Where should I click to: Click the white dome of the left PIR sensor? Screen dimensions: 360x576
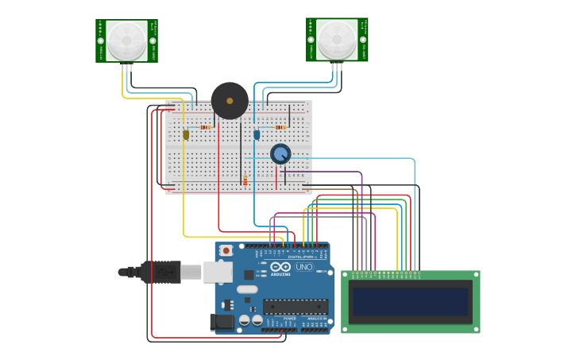tap(127, 40)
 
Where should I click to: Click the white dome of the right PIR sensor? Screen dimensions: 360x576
tap(337, 39)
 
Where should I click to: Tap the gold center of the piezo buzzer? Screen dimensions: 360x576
tap(230, 101)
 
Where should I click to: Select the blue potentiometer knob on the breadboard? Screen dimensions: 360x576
tap(280, 153)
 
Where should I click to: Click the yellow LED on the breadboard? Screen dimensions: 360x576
tap(186, 134)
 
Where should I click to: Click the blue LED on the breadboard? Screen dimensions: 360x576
tap(257, 134)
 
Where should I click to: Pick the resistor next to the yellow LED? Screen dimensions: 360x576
tap(205, 127)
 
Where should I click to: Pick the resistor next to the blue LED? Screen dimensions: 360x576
tap(280, 127)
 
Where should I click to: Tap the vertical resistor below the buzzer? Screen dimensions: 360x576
tap(245, 181)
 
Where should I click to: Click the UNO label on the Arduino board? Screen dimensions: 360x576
tap(304, 267)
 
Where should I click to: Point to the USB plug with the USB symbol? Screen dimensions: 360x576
tap(163, 272)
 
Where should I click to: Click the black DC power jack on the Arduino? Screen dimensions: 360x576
tap(223, 322)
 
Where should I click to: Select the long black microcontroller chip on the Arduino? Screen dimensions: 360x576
tap(295, 306)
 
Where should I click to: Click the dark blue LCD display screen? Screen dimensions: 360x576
tap(411, 301)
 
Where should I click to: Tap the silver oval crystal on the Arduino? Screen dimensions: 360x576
tap(247, 289)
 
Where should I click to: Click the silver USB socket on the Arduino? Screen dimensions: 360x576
tap(217, 272)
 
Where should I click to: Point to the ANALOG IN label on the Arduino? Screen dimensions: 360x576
tap(308, 317)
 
